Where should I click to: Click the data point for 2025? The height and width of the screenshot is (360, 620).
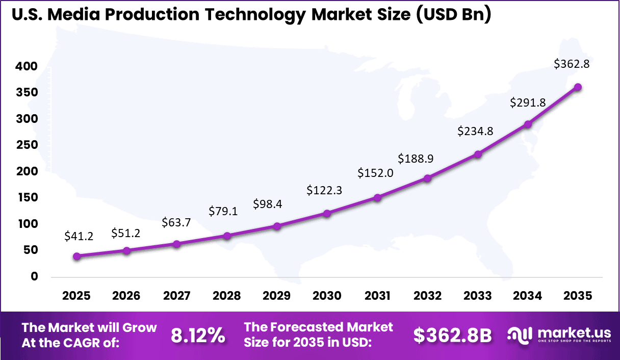pos(76,256)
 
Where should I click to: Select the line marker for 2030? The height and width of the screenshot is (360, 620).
pos(327,213)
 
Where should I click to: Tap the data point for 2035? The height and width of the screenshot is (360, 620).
pos(578,87)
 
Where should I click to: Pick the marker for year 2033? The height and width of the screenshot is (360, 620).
pos(478,154)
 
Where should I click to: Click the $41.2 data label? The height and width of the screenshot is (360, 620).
pos(79,236)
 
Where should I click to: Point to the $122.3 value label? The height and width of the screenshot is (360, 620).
pos(324,190)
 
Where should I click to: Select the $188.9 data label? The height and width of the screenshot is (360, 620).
pos(416,159)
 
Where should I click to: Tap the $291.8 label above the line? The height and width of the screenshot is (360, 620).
pos(528,102)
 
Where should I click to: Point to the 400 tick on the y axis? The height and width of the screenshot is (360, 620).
pos(27,66)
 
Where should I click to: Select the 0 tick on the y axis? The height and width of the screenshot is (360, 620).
pos(34,276)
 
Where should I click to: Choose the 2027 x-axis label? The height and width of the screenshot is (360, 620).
pos(176,296)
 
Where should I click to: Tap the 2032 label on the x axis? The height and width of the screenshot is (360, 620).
pos(427,296)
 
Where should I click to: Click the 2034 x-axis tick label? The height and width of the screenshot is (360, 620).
pos(528,296)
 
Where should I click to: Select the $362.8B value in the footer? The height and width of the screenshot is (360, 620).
pos(452,335)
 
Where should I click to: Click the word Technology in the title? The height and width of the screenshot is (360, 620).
pos(257,15)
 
